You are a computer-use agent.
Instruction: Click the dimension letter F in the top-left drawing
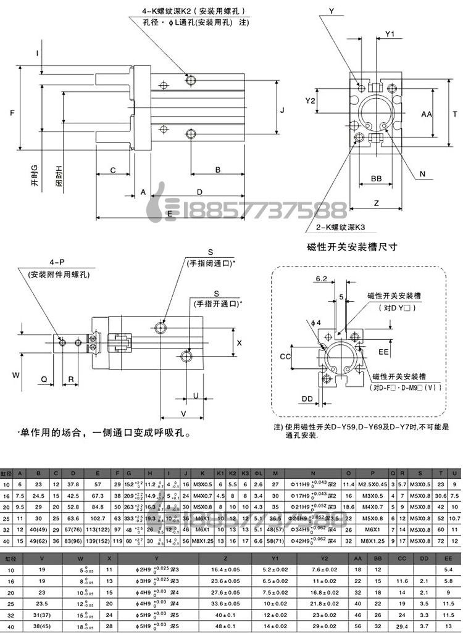12,113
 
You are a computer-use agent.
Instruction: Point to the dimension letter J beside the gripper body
282,110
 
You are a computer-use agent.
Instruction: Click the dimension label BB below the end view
376,178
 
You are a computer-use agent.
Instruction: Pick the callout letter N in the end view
423,174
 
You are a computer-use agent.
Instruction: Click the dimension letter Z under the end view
376,202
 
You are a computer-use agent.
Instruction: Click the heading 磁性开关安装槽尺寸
351,246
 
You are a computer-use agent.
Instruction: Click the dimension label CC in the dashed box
285,357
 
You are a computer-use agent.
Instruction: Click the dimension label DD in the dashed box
307,399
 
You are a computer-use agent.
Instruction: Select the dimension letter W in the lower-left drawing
17,374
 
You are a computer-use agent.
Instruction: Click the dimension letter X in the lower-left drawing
239,341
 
